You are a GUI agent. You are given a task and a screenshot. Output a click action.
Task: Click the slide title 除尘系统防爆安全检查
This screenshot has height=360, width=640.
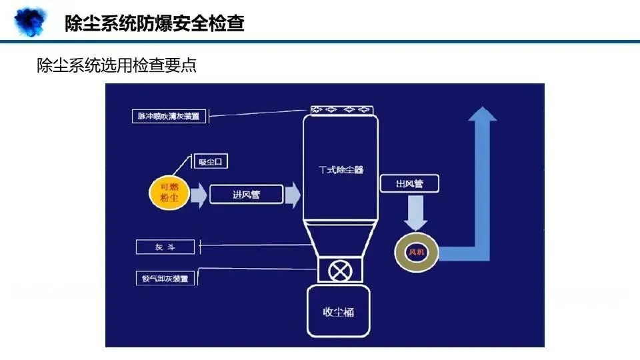(155, 24)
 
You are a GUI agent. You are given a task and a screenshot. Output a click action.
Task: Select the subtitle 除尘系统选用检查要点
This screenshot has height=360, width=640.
(117, 65)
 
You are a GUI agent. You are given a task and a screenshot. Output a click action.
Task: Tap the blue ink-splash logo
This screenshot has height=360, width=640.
(31, 21)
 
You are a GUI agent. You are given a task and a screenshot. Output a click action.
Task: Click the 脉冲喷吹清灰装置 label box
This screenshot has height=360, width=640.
(169, 116)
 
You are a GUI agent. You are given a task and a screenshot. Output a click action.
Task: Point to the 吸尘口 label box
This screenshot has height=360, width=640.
(211, 162)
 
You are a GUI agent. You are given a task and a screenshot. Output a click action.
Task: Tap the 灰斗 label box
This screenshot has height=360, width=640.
(165, 247)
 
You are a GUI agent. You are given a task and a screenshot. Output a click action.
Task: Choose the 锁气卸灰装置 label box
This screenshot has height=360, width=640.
(165, 278)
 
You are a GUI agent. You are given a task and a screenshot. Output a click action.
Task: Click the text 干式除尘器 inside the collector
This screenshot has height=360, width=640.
(341, 170)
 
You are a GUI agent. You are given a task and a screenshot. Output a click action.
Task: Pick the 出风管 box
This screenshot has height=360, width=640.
(409, 183)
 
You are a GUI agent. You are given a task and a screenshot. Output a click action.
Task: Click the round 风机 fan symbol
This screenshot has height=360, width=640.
(416, 253)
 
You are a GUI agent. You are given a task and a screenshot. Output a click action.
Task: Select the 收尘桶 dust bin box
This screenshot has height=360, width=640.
(339, 311)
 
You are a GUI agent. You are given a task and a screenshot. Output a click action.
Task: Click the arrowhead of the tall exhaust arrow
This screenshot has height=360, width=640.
(482, 115)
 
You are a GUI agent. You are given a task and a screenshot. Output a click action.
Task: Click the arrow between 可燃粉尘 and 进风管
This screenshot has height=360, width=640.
(199, 195)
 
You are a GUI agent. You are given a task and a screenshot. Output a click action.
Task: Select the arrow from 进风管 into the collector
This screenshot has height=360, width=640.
(292, 195)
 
